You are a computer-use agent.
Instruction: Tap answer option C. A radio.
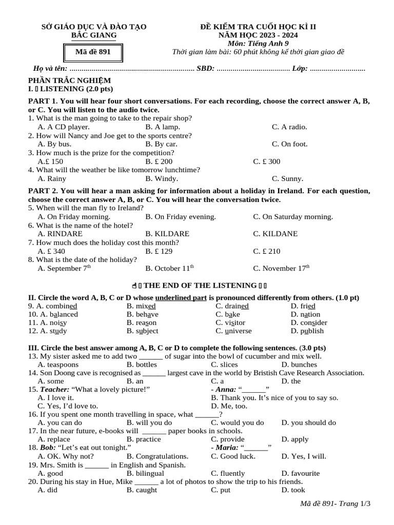[289, 127]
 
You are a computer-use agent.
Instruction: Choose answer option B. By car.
[161, 144]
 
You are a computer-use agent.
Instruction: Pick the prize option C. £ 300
[267, 161]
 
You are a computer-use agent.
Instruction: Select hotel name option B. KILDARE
[167, 234]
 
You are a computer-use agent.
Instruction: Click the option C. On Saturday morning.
[293, 217]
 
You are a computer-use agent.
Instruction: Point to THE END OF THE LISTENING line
[200, 285]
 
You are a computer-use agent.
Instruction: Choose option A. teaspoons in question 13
[58, 365]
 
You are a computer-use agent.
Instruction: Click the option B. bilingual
[145, 473]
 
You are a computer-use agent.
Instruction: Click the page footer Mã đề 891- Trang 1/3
[334, 504]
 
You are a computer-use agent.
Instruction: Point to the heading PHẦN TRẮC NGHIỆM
[69, 80]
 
